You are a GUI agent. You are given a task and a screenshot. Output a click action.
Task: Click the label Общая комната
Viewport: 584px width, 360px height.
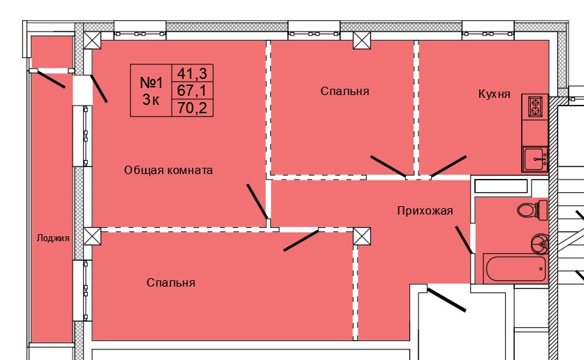(168, 170)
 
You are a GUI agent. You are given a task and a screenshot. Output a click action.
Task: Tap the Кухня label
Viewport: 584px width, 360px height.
(494, 94)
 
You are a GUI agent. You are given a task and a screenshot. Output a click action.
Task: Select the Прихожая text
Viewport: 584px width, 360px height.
(425, 210)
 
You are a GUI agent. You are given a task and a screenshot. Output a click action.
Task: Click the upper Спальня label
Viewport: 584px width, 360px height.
(345, 91)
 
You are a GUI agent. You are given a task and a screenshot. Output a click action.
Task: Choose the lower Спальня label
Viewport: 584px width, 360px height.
(170, 282)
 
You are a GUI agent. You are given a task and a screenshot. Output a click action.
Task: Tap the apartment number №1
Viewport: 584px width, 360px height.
(151, 82)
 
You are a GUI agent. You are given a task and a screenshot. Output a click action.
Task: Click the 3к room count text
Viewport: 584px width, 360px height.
(150, 100)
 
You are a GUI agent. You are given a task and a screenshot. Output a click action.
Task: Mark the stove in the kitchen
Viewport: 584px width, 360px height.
(536, 106)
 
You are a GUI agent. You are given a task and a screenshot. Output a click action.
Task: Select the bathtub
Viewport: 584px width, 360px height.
(516, 266)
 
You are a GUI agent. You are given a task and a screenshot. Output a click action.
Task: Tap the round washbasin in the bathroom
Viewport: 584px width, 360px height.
(539, 243)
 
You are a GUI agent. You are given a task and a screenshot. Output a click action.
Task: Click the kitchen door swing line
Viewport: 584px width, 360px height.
(448, 166)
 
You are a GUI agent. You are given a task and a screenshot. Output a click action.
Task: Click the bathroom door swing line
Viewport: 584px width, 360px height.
(465, 240)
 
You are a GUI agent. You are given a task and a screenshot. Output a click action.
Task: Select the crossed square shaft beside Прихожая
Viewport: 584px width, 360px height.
(362, 236)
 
